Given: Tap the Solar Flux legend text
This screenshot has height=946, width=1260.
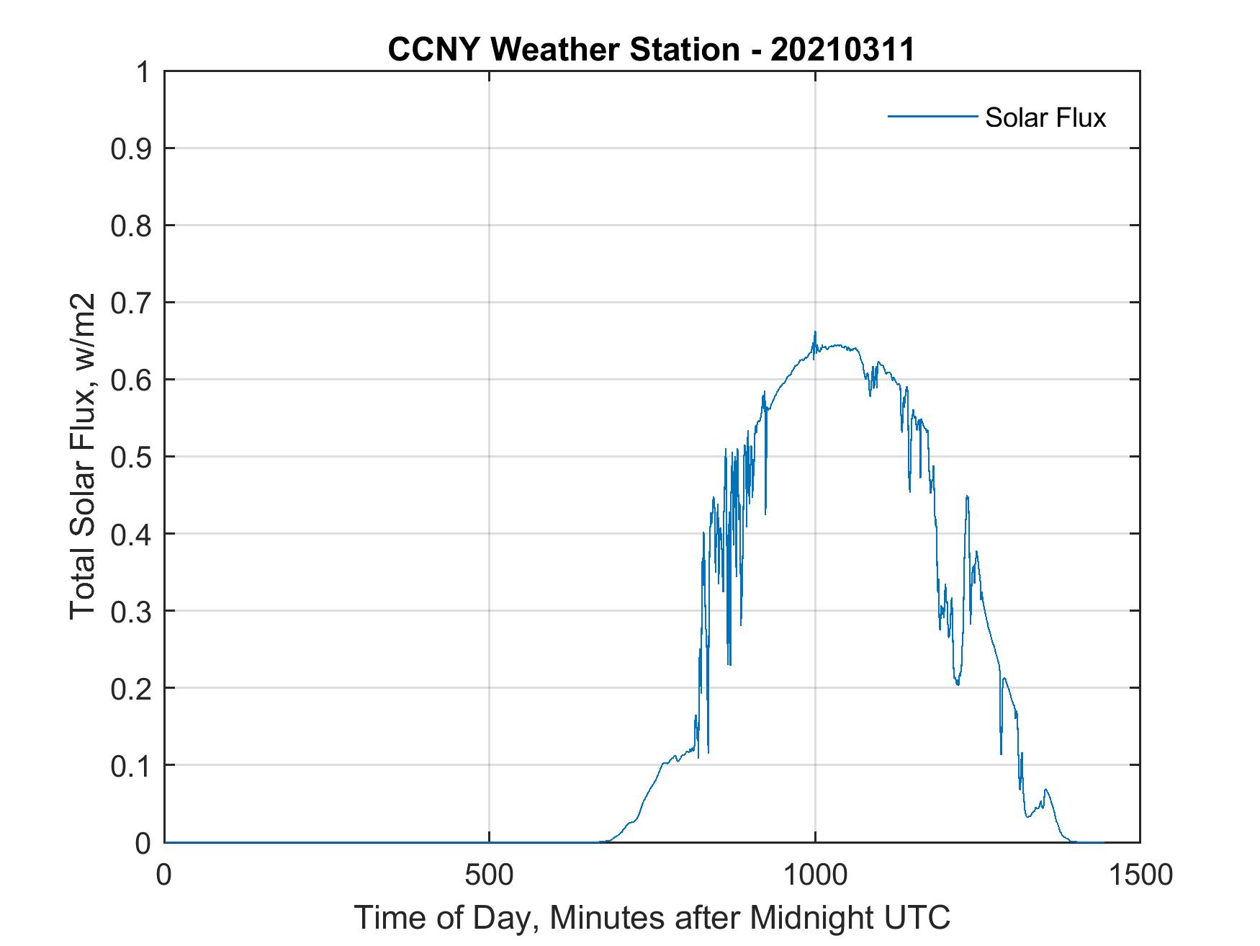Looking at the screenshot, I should [x=1045, y=117].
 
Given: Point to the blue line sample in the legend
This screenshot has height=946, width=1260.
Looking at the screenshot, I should [x=932, y=116].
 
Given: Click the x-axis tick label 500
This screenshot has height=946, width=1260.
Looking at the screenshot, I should [x=490, y=875].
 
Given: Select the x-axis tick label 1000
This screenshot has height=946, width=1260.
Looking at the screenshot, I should [x=814, y=875].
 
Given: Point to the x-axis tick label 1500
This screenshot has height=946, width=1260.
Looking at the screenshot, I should [x=1139, y=875].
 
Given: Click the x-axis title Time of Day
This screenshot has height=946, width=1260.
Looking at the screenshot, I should [x=652, y=919].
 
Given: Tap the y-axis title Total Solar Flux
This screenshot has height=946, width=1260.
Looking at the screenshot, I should [x=83, y=457].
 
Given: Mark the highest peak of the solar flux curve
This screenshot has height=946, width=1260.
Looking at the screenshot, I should [x=815, y=332].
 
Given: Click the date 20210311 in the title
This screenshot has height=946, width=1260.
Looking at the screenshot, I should [x=842, y=50].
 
